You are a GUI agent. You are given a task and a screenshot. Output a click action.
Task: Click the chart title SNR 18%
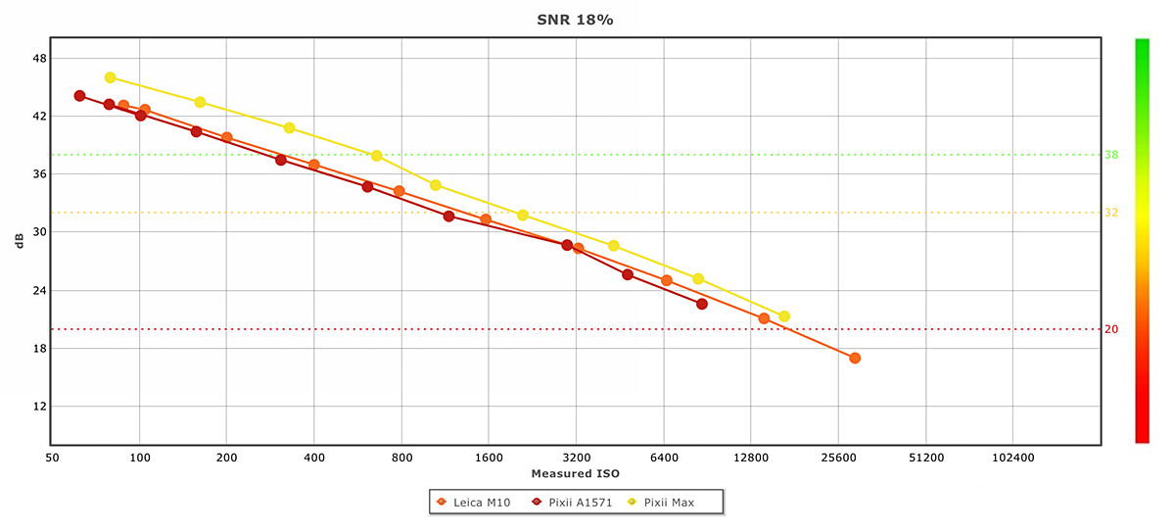point(575,20)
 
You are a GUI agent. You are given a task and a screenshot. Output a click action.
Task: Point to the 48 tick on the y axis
point(39,58)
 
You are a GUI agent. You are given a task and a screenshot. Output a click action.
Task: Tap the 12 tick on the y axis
point(39,407)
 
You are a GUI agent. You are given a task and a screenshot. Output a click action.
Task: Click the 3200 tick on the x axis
point(576,457)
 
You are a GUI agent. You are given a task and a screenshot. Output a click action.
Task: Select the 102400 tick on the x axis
point(1012,457)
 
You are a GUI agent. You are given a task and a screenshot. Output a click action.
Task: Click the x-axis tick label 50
point(52,457)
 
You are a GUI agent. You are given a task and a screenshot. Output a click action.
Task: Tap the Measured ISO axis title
point(575,474)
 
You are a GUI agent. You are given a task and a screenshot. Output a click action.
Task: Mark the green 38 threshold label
point(1111,155)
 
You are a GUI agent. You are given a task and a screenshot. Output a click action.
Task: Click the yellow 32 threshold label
point(1111,213)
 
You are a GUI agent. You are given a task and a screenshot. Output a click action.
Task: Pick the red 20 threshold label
point(1111,329)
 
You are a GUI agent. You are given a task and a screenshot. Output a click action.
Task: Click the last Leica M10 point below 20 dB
point(855,359)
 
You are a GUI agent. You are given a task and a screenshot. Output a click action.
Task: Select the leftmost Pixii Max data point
point(110,77)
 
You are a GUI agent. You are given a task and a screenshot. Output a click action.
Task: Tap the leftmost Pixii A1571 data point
point(79,96)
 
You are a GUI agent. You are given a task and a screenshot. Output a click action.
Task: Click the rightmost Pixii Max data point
point(784,316)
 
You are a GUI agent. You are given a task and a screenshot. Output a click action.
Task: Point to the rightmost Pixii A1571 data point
point(702,304)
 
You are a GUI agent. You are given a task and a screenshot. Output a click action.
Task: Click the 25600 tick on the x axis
point(838,457)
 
